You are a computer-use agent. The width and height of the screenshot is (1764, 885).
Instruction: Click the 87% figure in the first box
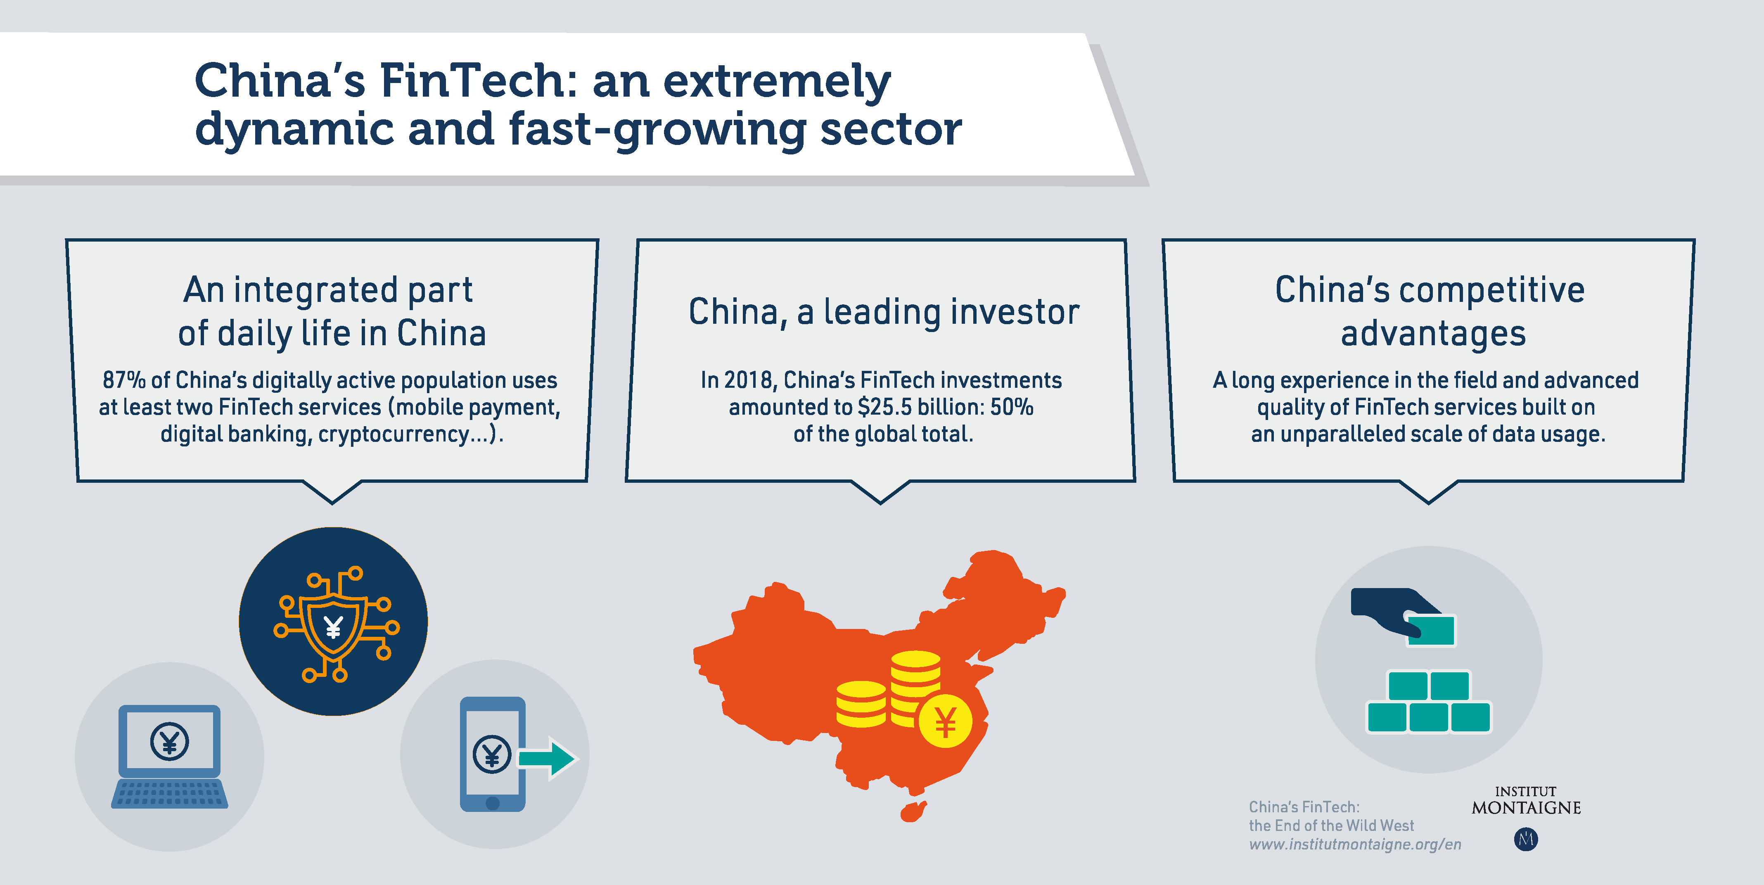pos(124,380)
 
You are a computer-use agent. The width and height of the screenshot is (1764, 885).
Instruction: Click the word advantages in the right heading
pos(1432,334)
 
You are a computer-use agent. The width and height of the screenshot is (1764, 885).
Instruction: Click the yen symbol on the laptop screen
pos(169,741)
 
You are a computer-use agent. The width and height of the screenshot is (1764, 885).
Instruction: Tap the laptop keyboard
pos(169,793)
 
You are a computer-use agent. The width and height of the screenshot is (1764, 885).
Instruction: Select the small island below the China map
pos(912,812)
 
